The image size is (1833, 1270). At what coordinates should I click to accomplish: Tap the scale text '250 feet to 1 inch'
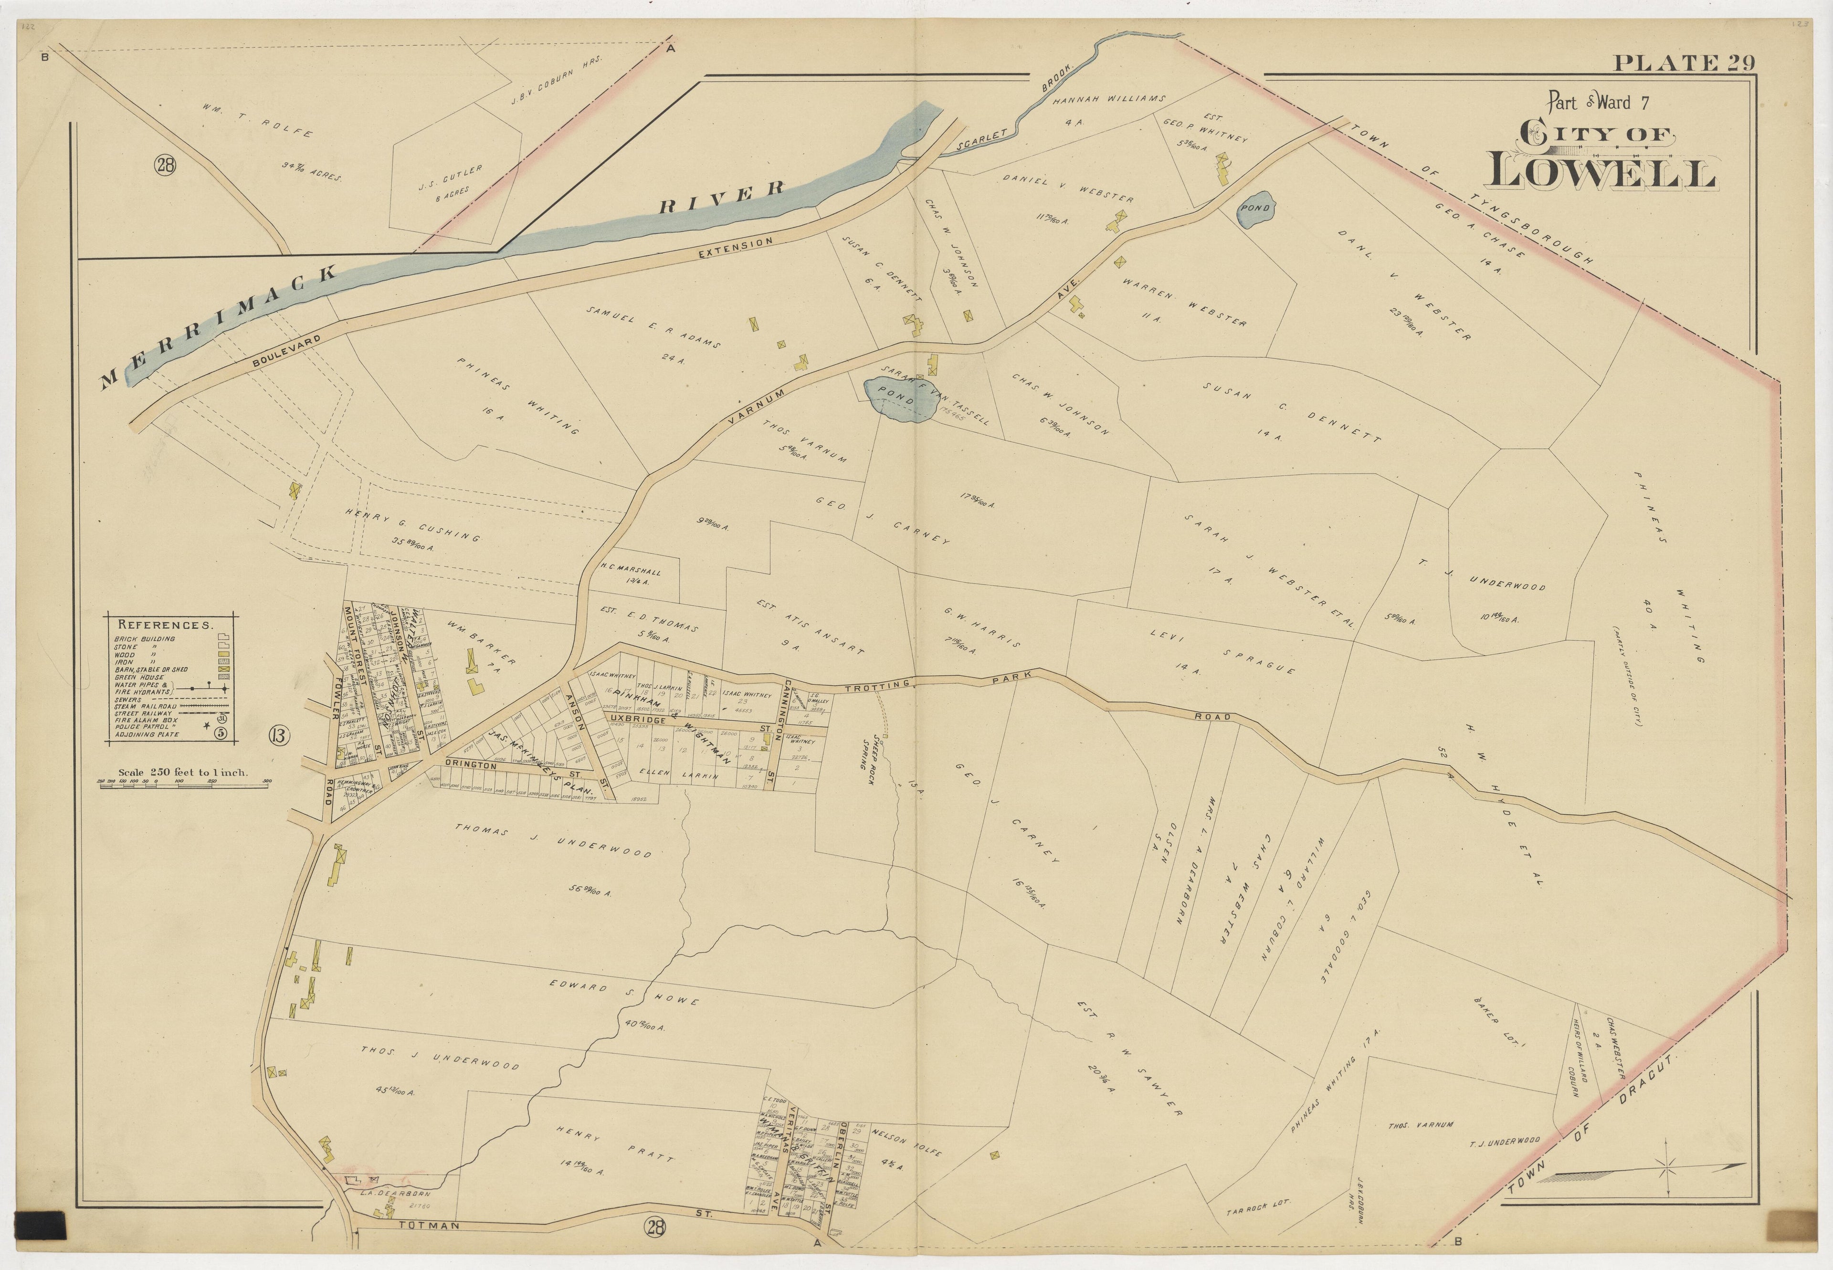[182, 772]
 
